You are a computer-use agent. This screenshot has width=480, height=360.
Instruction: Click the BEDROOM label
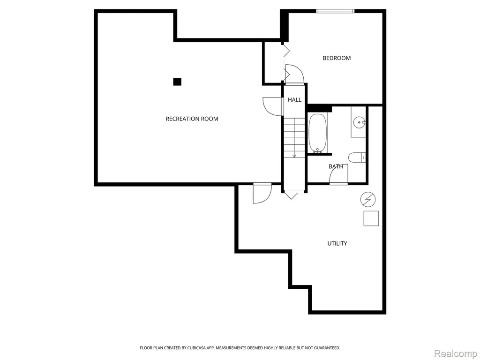pos(337,58)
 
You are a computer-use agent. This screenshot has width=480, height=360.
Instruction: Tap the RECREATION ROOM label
pos(192,119)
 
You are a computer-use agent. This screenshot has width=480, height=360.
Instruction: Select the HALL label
pos(294,99)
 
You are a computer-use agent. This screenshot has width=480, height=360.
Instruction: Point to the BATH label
pos(336,166)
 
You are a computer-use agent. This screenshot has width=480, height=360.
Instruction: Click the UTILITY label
pos(337,243)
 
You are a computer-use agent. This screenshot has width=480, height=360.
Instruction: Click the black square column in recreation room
pos(177,82)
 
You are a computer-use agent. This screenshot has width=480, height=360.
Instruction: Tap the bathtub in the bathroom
pos(318,133)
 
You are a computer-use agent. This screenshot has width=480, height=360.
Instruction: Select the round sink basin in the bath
pos(359,123)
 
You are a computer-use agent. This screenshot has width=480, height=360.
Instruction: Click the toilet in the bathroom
pos(357,157)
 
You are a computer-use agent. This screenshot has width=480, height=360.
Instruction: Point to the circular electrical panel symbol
pos(368,200)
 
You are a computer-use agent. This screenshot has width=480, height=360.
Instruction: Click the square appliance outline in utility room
pos(371,218)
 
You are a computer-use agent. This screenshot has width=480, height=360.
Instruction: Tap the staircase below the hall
pos(294,138)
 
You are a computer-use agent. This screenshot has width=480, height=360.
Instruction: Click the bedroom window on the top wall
pos(335,11)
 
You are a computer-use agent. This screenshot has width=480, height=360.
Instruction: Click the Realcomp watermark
pos(456,353)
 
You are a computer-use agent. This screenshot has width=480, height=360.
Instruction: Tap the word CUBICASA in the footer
pos(196,348)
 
